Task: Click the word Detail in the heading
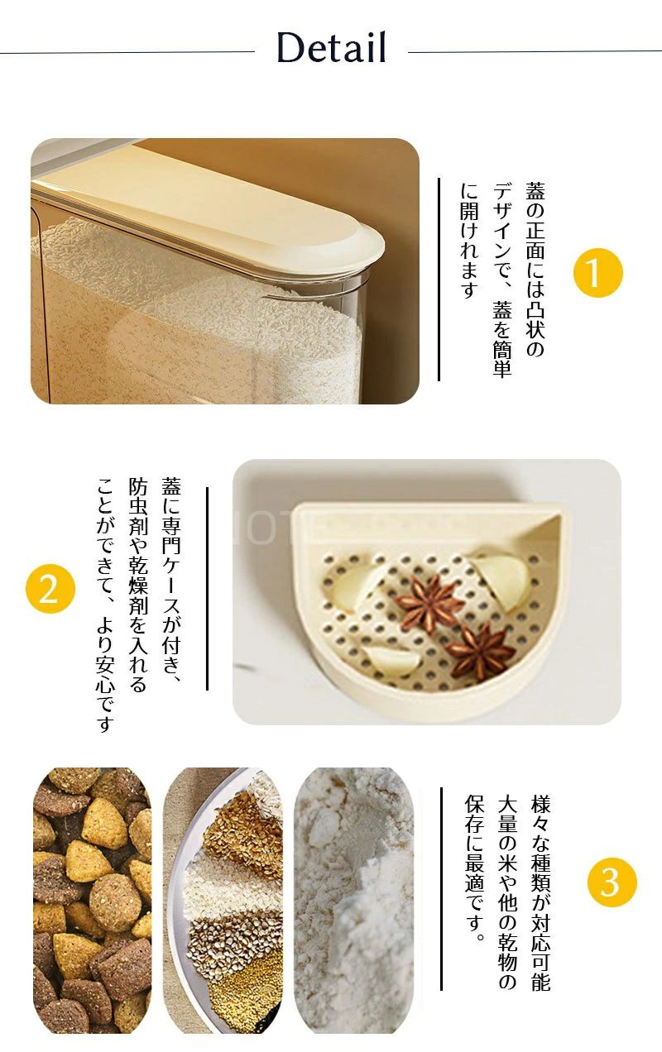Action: (x=332, y=47)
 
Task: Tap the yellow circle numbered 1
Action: (x=597, y=273)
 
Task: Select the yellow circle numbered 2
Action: (x=50, y=589)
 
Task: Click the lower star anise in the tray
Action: (x=479, y=652)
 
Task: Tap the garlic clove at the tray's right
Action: (x=501, y=581)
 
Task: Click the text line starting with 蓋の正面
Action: (x=535, y=270)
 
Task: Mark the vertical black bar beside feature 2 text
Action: (x=207, y=589)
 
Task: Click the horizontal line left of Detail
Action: (x=127, y=52)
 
